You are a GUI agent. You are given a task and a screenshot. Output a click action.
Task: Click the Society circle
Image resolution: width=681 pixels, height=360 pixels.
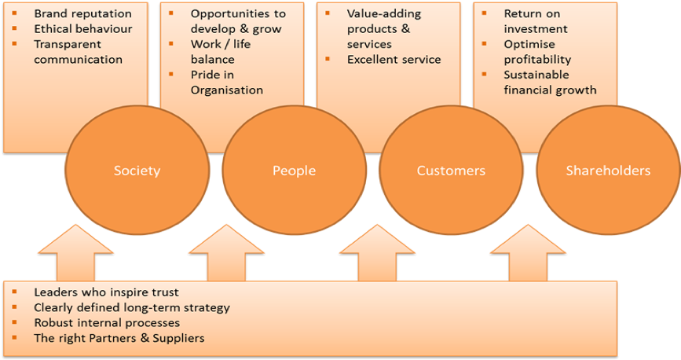[x=137, y=171]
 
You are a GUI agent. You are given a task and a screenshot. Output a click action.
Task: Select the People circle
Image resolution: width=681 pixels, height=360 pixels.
[x=294, y=171]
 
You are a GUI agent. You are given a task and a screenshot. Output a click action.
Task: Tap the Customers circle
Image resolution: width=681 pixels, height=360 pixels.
[x=451, y=171]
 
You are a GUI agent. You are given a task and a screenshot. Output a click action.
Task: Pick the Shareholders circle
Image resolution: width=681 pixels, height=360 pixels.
[x=608, y=171]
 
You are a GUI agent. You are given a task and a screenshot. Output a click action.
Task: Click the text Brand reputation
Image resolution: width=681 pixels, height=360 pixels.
[x=82, y=13]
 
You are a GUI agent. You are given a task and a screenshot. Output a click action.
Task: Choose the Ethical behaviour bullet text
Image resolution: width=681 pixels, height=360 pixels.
[x=83, y=29]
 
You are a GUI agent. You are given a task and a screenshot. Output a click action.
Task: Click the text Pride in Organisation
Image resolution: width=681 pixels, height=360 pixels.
[x=227, y=82]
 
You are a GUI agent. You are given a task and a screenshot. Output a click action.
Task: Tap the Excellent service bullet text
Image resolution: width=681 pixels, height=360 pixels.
[x=394, y=59]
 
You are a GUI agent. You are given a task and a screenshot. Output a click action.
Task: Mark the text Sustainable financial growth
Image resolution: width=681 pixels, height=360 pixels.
[x=550, y=82]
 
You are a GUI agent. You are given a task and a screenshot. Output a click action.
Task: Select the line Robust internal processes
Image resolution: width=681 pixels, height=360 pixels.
[x=107, y=322]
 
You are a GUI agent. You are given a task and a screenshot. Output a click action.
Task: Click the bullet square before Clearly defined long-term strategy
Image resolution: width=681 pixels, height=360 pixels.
[x=16, y=307]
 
